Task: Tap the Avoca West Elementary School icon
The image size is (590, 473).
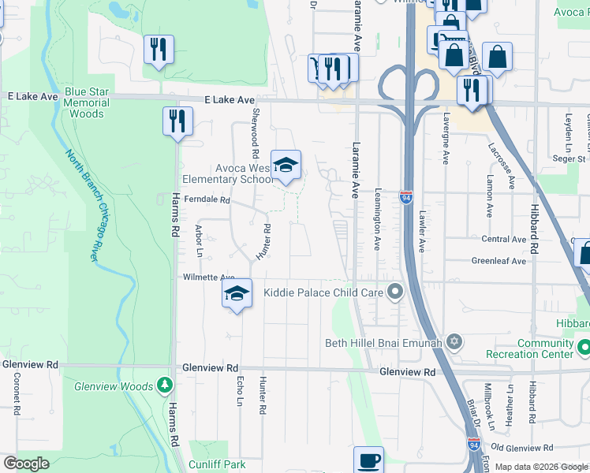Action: pos(286,165)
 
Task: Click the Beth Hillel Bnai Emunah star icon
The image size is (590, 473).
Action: pos(454,342)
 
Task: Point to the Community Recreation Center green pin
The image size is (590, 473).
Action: pos(584,347)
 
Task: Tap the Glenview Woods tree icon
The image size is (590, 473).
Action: pos(164,385)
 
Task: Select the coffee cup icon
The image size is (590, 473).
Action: pos(368,460)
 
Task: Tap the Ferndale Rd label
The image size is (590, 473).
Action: pos(207,200)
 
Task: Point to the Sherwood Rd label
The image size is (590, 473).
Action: pos(255,126)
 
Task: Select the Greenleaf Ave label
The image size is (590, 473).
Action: pos(499,261)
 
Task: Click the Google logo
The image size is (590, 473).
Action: pos(27,464)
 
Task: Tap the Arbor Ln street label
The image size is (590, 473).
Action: pos(199,242)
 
